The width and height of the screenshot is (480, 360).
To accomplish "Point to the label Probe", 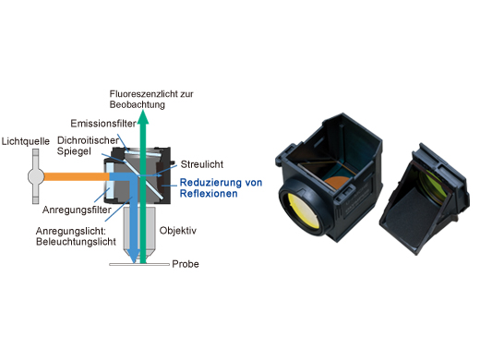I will point(187,265).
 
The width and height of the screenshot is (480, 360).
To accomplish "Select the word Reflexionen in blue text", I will point(209,195).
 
